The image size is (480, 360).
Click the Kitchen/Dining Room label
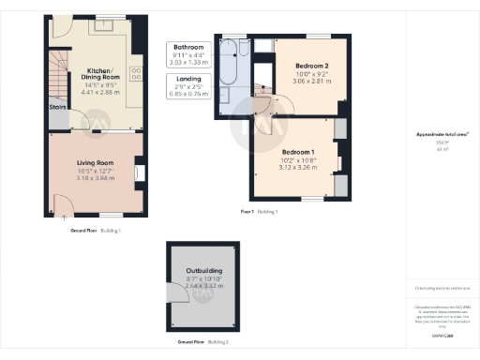point(99,75)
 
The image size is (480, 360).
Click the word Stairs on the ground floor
point(57,106)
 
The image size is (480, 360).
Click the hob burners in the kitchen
point(135,73)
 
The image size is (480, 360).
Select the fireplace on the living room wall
point(138,172)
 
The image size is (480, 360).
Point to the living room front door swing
point(61,205)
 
